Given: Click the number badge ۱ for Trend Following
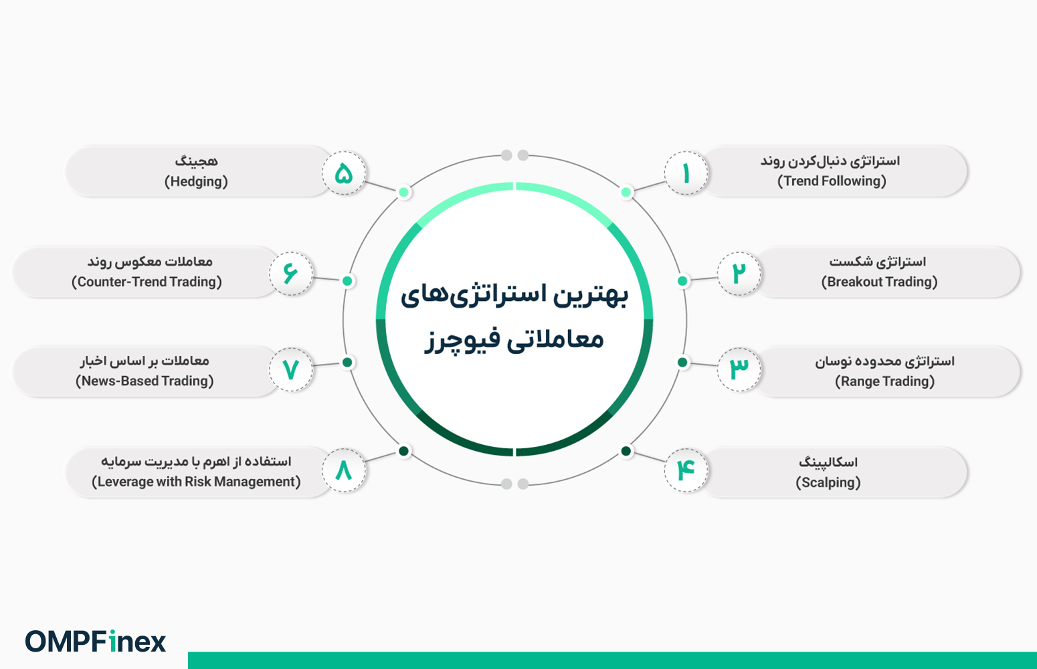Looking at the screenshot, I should click(x=686, y=173).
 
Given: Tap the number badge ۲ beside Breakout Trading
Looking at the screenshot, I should click(x=739, y=273).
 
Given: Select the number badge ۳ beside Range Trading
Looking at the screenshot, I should click(x=739, y=369).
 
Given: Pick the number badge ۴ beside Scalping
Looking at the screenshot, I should click(x=686, y=470).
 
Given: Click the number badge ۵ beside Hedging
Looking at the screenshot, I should click(x=343, y=173).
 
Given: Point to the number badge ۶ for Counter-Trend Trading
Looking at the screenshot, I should click(x=290, y=273).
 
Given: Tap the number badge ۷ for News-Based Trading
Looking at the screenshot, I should click(x=290, y=369).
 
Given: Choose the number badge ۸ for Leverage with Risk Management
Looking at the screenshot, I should click(x=343, y=470).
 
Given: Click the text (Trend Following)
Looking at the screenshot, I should click(x=832, y=181).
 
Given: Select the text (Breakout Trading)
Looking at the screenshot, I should click(x=879, y=282).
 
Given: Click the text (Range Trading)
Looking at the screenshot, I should click(x=884, y=381).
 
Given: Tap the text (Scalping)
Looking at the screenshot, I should click(x=828, y=482).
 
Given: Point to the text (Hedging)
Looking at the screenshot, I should click(x=196, y=181).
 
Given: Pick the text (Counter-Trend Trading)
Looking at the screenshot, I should click(x=147, y=282).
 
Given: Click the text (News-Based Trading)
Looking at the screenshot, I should click(x=145, y=381).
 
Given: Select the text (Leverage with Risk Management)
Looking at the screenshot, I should click(x=196, y=482).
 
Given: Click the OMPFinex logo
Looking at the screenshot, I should click(x=96, y=642).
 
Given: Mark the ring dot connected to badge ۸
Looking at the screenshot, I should click(x=403, y=451).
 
